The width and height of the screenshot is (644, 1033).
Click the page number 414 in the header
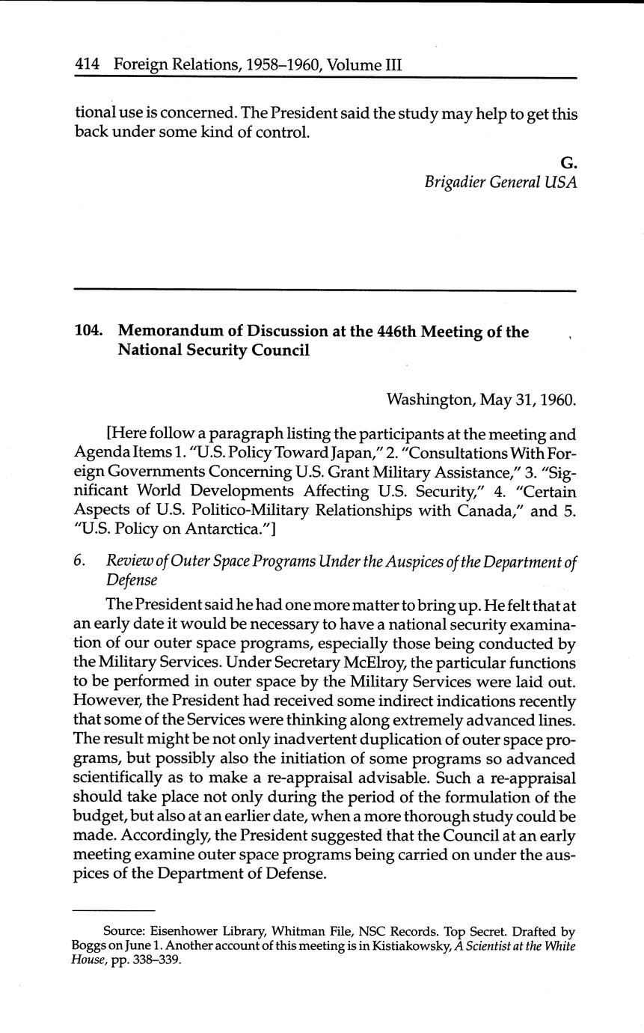click(x=88, y=65)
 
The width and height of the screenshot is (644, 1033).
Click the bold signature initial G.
click(x=569, y=162)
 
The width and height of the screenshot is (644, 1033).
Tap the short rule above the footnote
click(x=113, y=911)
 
